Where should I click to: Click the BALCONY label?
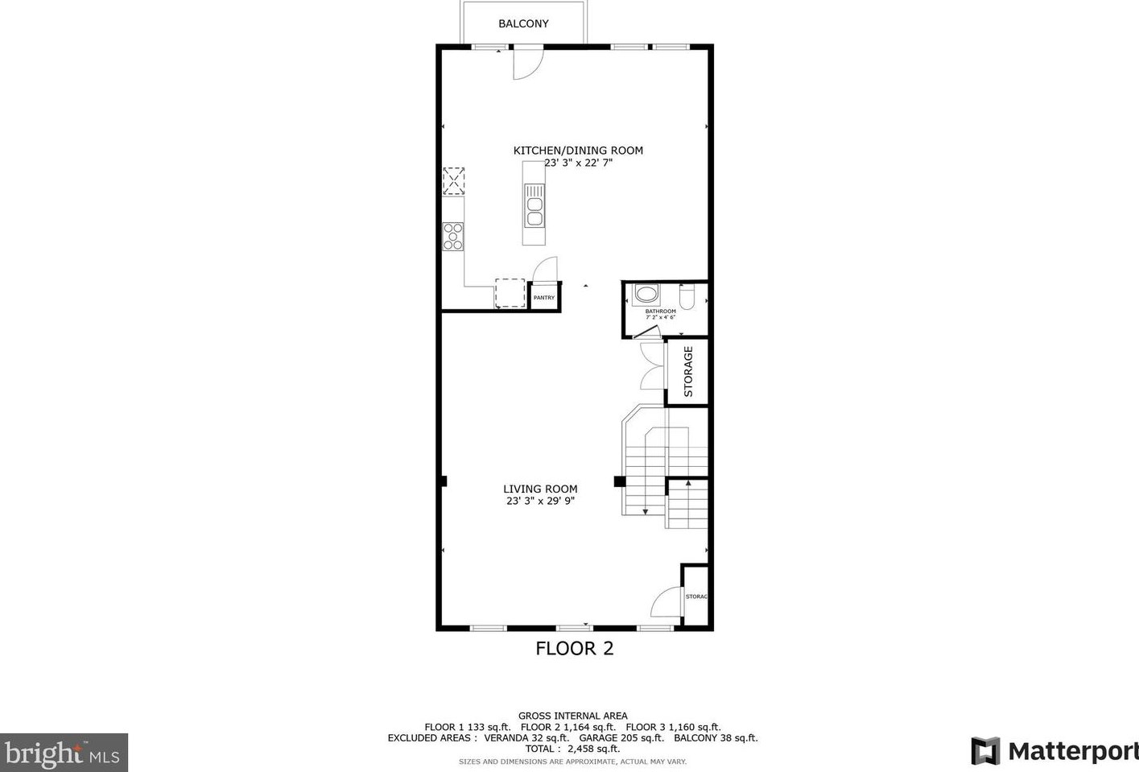[523, 24]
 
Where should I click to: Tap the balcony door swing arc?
[528, 65]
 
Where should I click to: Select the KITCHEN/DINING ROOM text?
[578, 151]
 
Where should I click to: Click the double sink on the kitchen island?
[534, 205]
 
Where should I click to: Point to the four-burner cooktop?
[453, 236]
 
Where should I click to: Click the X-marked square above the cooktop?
[454, 181]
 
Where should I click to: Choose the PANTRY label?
[544, 298]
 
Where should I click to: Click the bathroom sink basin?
[646, 294]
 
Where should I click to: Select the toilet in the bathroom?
[687, 298]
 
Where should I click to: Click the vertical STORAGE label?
[688, 372]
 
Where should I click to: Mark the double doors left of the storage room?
[651, 366]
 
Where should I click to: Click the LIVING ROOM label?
[540, 489]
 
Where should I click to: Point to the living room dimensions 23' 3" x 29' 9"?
[540, 501]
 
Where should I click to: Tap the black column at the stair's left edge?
[619, 481]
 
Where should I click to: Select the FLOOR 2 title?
[575, 649]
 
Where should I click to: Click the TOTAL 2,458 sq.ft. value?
[572, 749]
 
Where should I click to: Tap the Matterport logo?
[1054, 751]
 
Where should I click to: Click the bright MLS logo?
[64, 753]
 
